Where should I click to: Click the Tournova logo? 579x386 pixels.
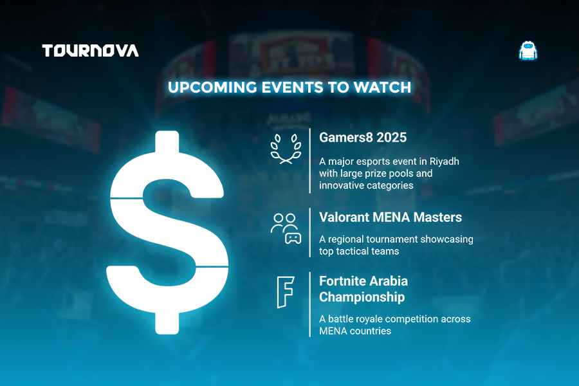[x=90, y=51]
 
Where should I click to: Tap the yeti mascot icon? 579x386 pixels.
[x=528, y=51]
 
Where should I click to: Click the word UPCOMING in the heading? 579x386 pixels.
[x=212, y=87]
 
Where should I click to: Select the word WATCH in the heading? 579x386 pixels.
[x=382, y=87]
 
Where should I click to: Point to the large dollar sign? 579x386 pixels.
[x=167, y=232]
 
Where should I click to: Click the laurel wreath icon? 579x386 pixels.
[x=286, y=149]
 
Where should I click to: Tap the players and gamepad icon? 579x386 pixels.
[x=286, y=228]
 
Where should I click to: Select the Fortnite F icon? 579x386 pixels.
[x=286, y=292]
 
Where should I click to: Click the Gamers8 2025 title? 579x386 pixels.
[x=363, y=138]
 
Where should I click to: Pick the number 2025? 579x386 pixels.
[x=392, y=138]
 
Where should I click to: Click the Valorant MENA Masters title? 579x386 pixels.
[x=391, y=217]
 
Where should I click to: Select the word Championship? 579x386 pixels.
[x=362, y=297]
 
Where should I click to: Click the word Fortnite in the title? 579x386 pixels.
[x=342, y=281]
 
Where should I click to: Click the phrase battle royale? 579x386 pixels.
[x=356, y=319]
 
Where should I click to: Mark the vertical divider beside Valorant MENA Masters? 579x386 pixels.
[x=310, y=232]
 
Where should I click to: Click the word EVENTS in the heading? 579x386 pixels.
[x=292, y=87]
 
